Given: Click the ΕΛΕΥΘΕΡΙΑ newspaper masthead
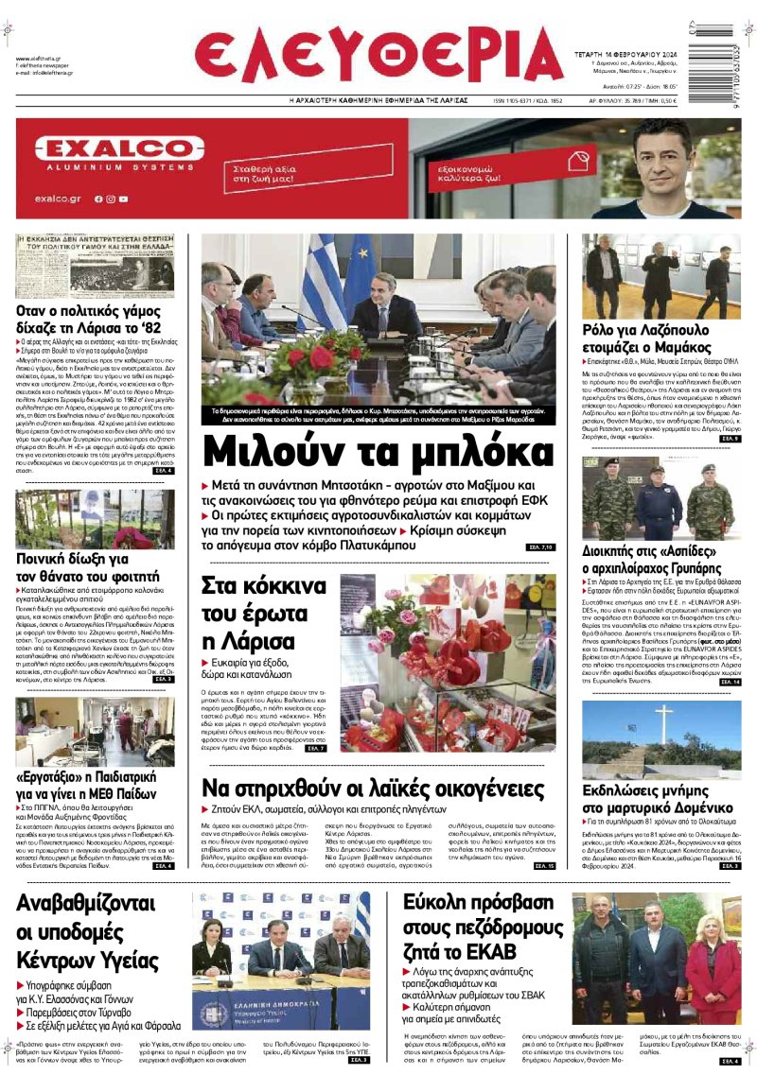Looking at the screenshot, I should [378, 52].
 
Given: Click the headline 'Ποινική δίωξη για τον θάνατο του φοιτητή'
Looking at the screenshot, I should [88, 565].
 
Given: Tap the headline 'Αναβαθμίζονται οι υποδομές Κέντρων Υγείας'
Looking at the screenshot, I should [94, 934].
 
